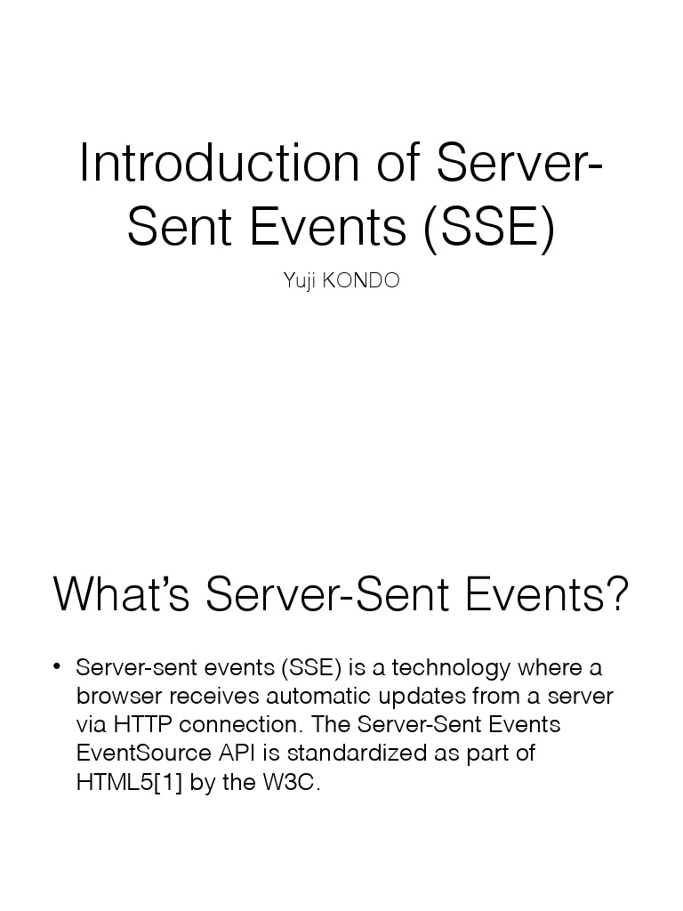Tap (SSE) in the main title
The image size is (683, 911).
point(488,228)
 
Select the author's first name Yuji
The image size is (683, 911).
point(299,281)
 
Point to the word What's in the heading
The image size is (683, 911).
point(122,594)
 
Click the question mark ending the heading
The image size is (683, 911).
point(615,594)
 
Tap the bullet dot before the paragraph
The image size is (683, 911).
point(57,667)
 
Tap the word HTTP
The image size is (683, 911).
point(142,724)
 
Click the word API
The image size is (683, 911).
point(237,753)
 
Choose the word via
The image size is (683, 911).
point(92,724)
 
